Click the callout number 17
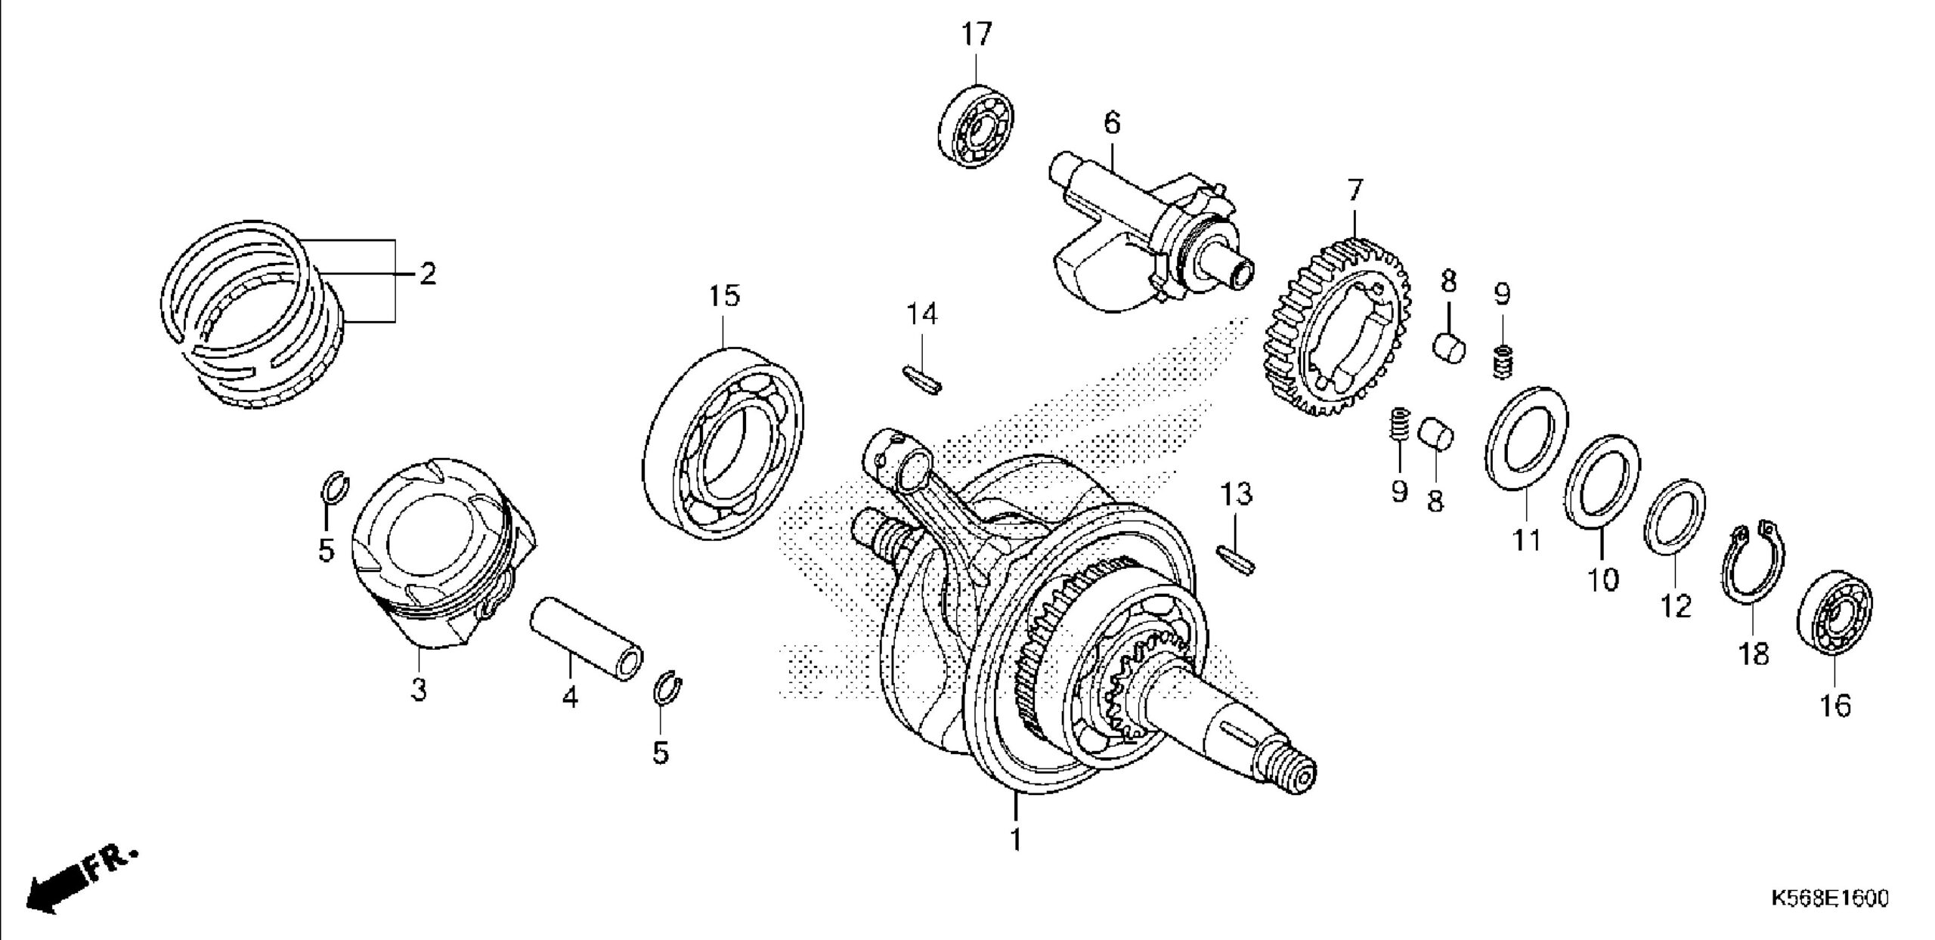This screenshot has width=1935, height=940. [x=976, y=35]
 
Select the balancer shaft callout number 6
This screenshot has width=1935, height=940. [x=1112, y=122]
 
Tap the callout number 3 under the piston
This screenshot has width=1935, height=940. [x=419, y=689]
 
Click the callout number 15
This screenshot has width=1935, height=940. [x=724, y=296]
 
